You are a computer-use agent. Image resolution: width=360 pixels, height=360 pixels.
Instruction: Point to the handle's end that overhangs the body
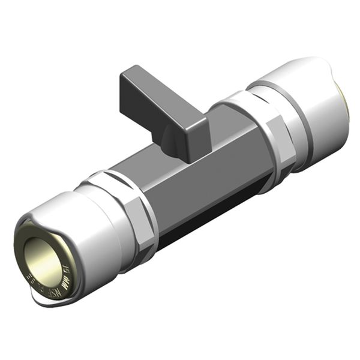[x=129, y=81]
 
